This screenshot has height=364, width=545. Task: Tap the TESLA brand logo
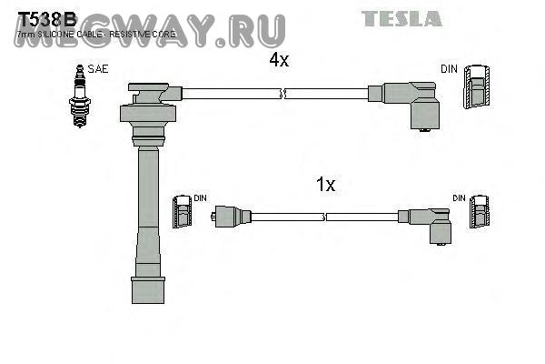(x=401, y=18)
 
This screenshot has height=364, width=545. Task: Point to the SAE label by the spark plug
(x=98, y=69)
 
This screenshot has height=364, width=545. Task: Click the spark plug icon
(x=79, y=96)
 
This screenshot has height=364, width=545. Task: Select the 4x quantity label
(x=278, y=60)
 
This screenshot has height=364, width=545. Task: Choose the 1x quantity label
(x=325, y=185)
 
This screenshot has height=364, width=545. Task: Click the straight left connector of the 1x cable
(x=231, y=217)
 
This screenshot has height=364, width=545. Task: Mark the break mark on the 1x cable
(x=324, y=217)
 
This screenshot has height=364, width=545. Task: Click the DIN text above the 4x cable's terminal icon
(x=449, y=69)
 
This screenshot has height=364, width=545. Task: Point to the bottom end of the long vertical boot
(x=148, y=292)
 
